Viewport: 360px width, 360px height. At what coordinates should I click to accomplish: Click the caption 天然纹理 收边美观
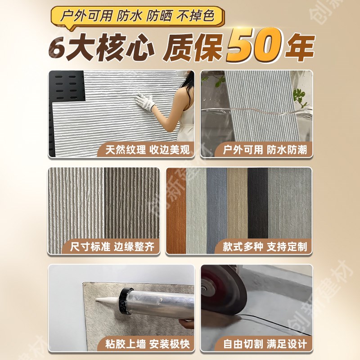tap(145, 150)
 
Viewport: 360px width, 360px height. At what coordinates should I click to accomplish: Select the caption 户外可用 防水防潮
tap(265, 150)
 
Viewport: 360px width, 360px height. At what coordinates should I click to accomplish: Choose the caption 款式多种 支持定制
tap(265, 247)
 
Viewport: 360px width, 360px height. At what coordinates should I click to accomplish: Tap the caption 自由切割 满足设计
tap(265, 344)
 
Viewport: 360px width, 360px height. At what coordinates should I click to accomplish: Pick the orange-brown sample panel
tap(176, 211)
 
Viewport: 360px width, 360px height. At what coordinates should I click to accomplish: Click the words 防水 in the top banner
tap(130, 17)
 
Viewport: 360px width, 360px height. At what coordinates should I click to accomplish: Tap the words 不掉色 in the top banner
tap(206, 17)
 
